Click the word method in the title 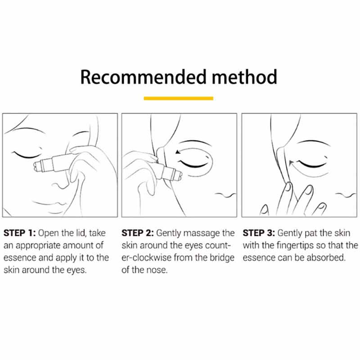coord(244,77)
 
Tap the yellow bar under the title coord(178,99)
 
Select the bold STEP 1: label coord(19,233)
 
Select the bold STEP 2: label coord(138,233)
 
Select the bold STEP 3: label coord(259,233)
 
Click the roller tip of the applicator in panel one coord(37,166)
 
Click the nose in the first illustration coord(61,185)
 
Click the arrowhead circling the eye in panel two coord(177,152)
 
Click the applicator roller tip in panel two coord(179,175)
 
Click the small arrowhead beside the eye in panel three coord(291,163)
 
